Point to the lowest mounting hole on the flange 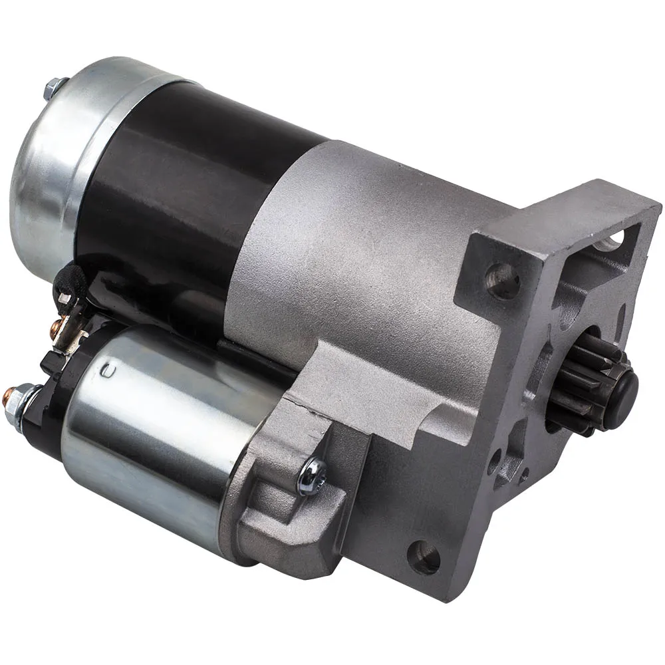424,557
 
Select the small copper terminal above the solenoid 55,327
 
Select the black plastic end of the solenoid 47,426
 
